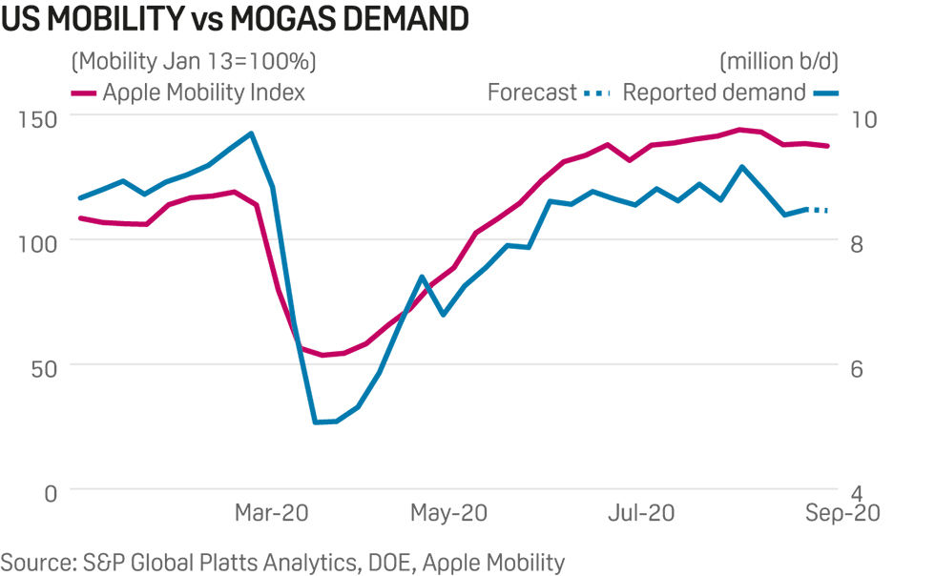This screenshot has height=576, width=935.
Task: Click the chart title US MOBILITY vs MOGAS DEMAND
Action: pyautogui.click(x=236, y=20)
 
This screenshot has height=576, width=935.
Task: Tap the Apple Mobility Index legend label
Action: pyautogui.click(x=203, y=93)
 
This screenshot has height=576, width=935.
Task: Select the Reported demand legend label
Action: pyautogui.click(x=714, y=93)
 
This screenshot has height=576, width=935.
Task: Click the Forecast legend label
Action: pyautogui.click(x=531, y=93)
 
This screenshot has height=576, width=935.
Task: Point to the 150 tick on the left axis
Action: pyautogui.click(x=35, y=118)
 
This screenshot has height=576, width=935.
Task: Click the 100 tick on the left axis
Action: pyautogui.click(x=35, y=242)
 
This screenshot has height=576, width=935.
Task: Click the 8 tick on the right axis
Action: pyautogui.click(x=857, y=242)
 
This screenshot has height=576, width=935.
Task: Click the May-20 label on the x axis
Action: pyautogui.click(x=449, y=513)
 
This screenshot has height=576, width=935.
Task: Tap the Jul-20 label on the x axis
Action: pyautogui.click(x=641, y=513)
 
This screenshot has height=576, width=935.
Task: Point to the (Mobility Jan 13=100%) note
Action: pyautogui.click(x=194, y=62)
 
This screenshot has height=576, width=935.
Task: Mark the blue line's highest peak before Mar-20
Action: pyautogui.click(x=251, y=134)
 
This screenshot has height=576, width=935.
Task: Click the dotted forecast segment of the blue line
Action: pyautogui.click(x=818, y=209)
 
